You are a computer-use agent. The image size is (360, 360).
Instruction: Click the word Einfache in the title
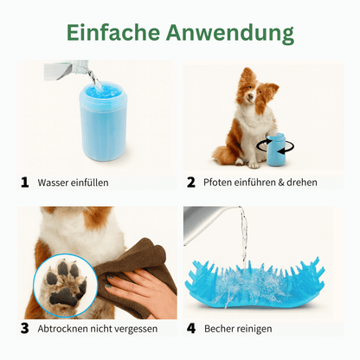112,33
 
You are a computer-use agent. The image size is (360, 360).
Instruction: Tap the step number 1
26,183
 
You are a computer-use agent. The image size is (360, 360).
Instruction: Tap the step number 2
192,183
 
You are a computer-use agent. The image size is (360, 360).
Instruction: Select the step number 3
26,329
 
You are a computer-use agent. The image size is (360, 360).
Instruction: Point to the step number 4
192,329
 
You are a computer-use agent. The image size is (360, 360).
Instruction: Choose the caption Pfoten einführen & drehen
260,183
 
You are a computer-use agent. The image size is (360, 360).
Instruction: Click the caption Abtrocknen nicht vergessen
97,329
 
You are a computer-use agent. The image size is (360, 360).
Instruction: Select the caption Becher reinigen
240,329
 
